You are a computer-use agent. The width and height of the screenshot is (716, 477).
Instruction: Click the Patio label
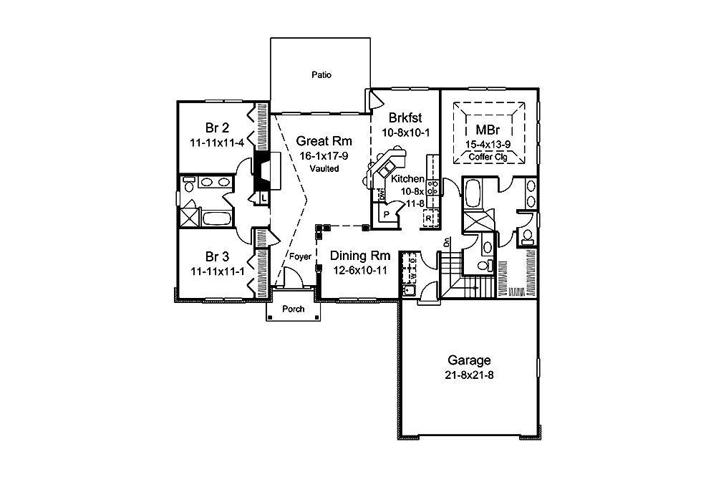click(321, 74)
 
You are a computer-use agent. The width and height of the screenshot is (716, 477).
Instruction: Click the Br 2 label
click(217, 129)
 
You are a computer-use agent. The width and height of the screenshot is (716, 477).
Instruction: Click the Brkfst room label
click(404, 118)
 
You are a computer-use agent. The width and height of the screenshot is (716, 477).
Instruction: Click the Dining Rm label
click(360, 256)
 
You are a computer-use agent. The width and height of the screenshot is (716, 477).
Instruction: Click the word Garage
click(469, 360)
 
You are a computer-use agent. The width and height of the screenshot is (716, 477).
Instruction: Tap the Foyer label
click(300, 256)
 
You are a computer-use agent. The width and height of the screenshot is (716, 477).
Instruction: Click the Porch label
click(294, 309)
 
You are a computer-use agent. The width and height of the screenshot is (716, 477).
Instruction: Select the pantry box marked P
click(384, 213)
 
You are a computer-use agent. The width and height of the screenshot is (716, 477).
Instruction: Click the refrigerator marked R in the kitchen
click(429, 218)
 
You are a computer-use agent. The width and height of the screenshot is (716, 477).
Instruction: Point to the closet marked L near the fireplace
click(263, 197)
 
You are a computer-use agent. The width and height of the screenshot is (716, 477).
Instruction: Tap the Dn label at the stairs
click(447, 242)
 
